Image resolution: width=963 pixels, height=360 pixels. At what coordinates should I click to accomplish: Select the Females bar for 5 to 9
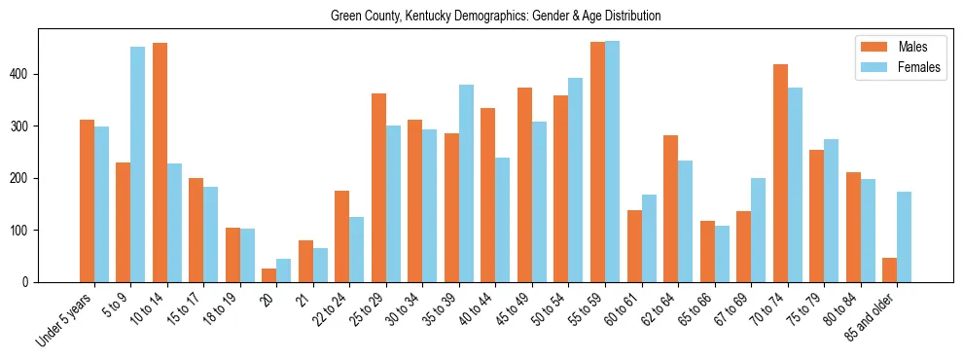(138, 164)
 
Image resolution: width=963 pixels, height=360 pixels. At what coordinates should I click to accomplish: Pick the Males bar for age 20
(269, 275)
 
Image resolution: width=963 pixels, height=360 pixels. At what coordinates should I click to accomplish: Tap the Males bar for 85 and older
(889, 270)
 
